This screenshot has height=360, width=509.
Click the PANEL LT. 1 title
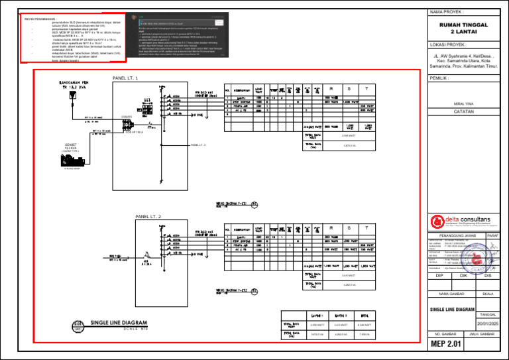pyautogui.click(x=125, y=78)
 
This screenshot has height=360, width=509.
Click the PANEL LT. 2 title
pyautogui.click(x=148, y=217)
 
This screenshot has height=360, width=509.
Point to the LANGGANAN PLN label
pyautogui.click(x=70, y=85)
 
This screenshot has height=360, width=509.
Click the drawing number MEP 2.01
pyautogui.click(x=445, y=345)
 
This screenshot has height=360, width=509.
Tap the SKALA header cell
pyautogui.click(x=488, y=294)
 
